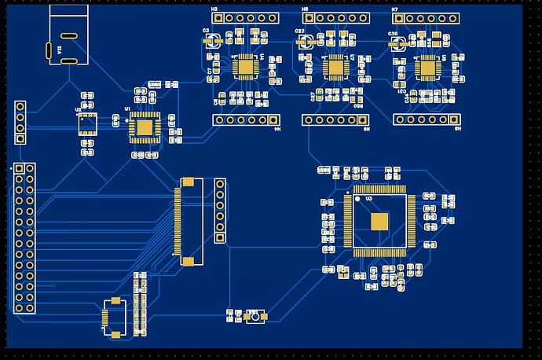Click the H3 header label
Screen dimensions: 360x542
click(214, 9)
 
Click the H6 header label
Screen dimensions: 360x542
click(305, 9)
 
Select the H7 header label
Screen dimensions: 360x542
click(395, 9)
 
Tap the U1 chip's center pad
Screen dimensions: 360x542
click(144, 126)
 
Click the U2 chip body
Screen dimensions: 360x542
click(86, 123)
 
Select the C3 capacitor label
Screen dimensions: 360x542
click(207, 30)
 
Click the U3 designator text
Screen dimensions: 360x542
click(368, 199)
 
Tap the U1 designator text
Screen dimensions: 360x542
click(127, 108)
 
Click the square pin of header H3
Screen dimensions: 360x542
click(217, 17)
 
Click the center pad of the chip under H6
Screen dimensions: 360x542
click(336, 67)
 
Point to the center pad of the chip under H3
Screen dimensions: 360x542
click(245, 67)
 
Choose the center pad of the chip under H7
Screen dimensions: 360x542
click(428, 67)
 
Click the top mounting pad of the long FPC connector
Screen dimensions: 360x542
click(188, 182)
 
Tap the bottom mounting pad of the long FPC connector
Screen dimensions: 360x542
click(188, 260)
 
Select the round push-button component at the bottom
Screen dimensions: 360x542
click(253, 318)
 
